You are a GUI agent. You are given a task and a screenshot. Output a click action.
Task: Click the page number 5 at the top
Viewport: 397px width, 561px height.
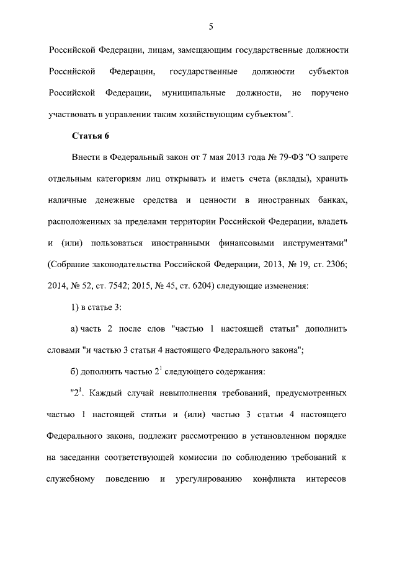coord(210,25)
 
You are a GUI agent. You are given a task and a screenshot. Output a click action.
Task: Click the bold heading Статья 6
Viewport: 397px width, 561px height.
coord(91,136)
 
